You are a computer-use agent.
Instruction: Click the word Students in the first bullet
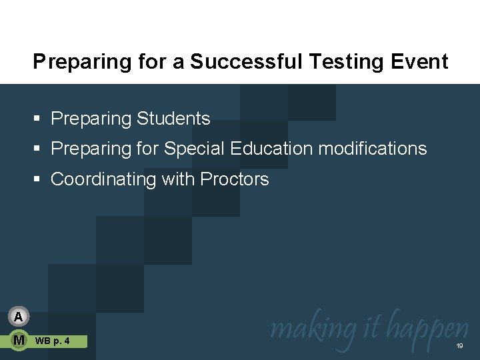[173, 119]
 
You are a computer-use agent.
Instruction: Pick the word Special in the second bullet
[193, 148]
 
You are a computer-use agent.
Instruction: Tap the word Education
[271, 148]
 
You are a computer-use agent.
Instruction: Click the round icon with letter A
[19, 316]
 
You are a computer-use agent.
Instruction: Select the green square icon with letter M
[19, 341]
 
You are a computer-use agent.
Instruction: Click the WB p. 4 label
[52, 341]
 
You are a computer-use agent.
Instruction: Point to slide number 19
[459, 347]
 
